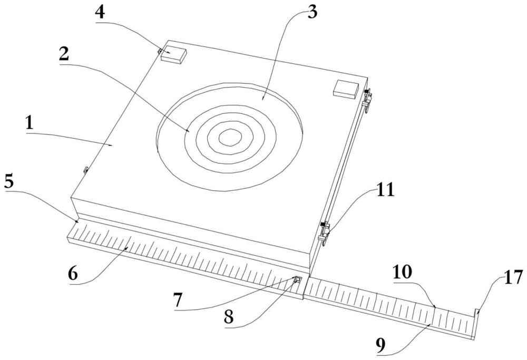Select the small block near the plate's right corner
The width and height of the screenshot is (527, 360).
(345, 88)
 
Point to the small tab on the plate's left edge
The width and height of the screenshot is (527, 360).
(85, 170)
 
